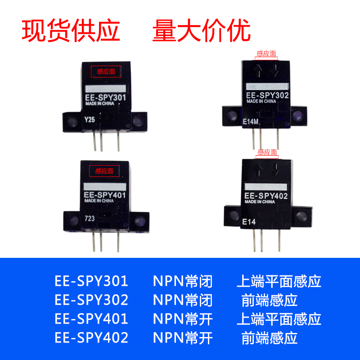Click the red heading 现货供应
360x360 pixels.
point(71,31)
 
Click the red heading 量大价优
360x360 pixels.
point(201,31)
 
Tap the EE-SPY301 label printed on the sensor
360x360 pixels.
point(105,97)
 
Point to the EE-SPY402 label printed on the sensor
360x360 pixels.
point(265,196)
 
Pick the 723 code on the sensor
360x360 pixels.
point(90,219)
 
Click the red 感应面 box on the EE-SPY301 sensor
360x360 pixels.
point(106,71)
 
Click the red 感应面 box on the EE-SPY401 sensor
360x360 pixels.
point(104,171)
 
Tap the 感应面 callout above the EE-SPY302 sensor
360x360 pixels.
point(267,54)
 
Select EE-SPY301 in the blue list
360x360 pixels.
point(91,281)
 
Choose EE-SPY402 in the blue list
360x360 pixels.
point(91,337)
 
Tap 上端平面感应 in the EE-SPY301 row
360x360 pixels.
point(279,281)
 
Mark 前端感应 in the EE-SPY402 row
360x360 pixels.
point(270,337)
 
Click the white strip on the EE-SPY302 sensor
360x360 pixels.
point(267,86)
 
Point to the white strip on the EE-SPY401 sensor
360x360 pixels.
point(105,186)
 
